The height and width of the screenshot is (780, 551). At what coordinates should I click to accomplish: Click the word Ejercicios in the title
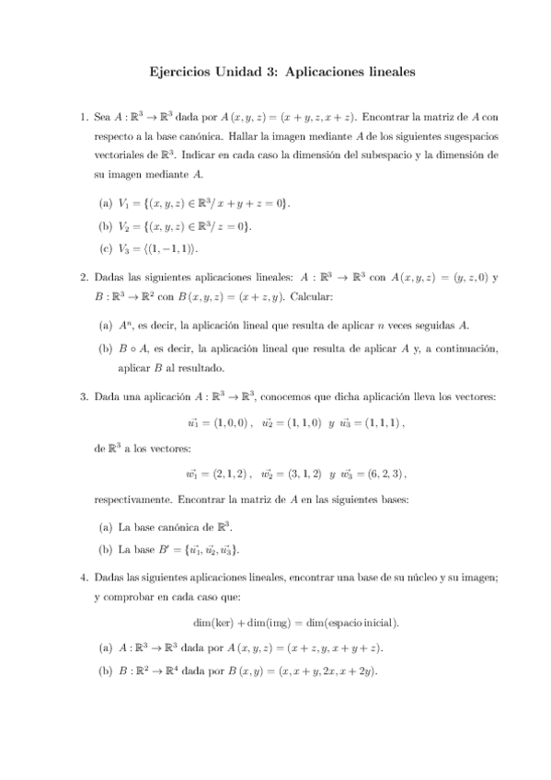[180, 70]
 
